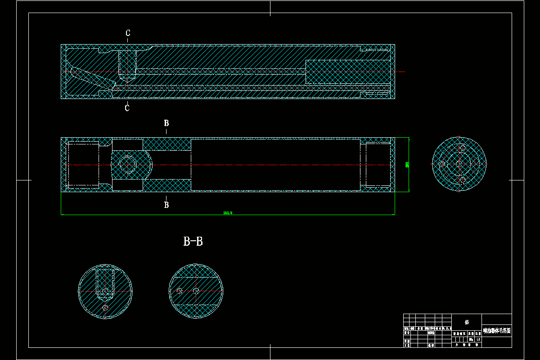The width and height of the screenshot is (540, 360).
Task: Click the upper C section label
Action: [128, 33]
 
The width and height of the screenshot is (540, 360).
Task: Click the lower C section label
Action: [127, 108]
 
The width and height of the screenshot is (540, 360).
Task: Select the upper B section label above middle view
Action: [166, 123]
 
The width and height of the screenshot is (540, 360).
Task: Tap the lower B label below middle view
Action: [166, 205]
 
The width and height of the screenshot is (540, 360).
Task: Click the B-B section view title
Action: [193, 242]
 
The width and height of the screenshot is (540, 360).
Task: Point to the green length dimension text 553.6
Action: [228, 213]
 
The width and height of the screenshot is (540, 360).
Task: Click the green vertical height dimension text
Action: [407, 165]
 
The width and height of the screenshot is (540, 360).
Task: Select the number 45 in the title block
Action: [467, 322]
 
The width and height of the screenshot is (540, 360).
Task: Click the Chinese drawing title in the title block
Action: [497, 330]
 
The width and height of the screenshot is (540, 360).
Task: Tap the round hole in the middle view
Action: [127, 165]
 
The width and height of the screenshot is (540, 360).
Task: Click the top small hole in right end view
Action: [462, 148]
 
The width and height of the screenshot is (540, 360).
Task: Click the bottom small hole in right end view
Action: [462, 180]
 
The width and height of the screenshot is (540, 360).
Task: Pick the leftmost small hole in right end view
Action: [443, 164]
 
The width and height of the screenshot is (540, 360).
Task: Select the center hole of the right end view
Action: [459, 164]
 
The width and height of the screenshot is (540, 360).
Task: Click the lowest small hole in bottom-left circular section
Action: [105, 308]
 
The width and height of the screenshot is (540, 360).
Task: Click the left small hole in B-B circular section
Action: [179, 291]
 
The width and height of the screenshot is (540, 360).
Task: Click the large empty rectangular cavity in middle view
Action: [275, 165]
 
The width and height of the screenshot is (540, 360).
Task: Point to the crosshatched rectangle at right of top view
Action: [346, 72]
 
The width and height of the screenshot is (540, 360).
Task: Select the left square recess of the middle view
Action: [83, 165]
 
